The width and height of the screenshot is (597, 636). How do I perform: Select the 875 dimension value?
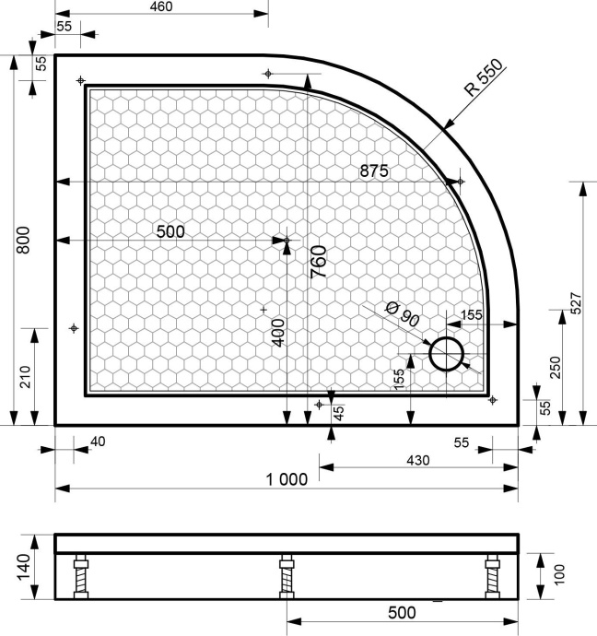pyautogui.click(x=374, y=171)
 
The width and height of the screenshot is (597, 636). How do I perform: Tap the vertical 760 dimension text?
pyautogui.click(x=318, y=263)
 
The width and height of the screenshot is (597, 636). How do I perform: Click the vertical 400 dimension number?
pyautogui.click(x=277, y=331)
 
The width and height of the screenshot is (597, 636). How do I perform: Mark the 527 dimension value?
pyautogui.click(x=576, y=304)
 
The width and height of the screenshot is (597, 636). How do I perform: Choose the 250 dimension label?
pyautogui.click(x=553, y=367)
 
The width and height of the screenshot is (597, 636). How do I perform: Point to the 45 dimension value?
pyautogui.click(x=338, y=411)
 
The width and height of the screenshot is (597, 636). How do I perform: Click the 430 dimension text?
pyautogui.click(x=417, y=458)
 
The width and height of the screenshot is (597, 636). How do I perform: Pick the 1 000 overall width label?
pyautogui.click(x=286, y=478)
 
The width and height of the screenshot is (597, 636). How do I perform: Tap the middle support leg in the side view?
pyautogui.click(x=286, y=577)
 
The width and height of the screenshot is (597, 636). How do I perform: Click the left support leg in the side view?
pyautogui.click(x=80, y=577)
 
